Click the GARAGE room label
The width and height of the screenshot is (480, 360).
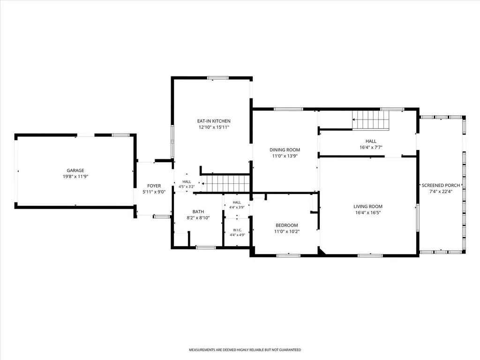click(75, 171)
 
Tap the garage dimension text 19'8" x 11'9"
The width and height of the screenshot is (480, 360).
click(75, 177)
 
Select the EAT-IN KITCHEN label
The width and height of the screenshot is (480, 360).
click(214, 121)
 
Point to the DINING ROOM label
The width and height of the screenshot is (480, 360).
click(285, 150)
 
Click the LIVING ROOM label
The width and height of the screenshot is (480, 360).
click(368, 207)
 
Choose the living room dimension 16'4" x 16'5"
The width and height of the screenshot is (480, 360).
click(368, 213)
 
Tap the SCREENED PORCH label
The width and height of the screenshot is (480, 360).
click(441, 186)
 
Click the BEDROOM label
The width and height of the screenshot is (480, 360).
click(287, 225)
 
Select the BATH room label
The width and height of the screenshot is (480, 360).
click(198, 212)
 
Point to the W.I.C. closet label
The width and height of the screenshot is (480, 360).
click(238, 230)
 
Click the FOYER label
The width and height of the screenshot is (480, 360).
click(154, 186)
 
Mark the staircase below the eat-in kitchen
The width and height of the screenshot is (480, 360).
click(226, 183)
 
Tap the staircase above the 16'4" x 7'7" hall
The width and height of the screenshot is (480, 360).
click(370, 120)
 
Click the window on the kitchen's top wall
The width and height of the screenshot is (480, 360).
click(217, 78)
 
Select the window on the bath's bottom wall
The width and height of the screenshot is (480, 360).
click(206, 247)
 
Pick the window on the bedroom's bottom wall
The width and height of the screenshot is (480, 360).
click(288, 255)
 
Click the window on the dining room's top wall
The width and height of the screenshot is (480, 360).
click(288, 109)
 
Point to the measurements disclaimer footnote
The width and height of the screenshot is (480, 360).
click(245, 350)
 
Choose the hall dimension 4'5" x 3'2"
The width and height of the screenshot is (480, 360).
click(187, 187)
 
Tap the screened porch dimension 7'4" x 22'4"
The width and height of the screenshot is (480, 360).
click(441, 192)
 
